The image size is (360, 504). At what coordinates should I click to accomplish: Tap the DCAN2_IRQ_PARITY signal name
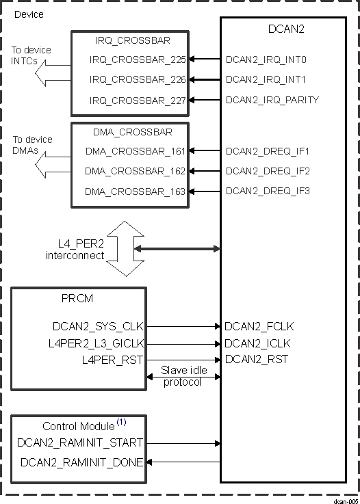[x=272, y=101]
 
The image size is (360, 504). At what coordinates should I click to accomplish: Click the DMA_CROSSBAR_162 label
[x=135, y=171]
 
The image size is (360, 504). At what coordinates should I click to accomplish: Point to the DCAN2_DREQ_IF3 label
[x=268, y=191]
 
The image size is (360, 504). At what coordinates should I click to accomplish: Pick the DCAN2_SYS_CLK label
[x=98, y=328]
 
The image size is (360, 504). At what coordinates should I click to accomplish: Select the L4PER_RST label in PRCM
[x=112, y=360]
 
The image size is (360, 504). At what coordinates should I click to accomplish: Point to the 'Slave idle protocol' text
[x=181, y=376]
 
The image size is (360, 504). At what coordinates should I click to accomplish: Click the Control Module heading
[x=78, y=426]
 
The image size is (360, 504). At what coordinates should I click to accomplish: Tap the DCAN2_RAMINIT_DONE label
[x=81, y=463]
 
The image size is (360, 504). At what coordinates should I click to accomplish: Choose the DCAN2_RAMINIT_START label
[x=81, y=443]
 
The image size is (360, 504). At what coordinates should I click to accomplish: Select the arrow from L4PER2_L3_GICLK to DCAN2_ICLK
[x=182, y=344]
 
